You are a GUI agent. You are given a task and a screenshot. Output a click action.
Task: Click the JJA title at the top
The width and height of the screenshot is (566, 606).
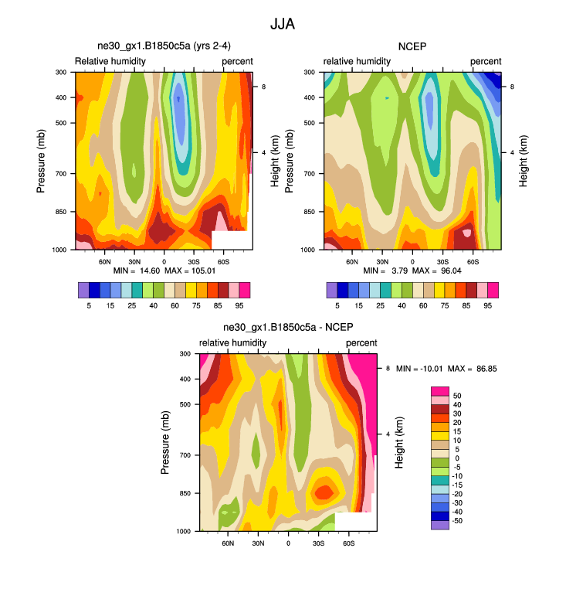pyautogui.click(x=283, y=24)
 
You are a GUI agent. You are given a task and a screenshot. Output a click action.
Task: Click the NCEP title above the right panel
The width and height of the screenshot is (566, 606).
pyautogui.click(x=413, y=46)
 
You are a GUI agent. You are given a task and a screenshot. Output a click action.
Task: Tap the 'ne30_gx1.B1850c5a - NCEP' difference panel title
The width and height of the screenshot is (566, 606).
pyautogui.click(x=288, y=328)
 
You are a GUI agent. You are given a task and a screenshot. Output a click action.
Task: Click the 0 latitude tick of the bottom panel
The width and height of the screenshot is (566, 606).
pyautogui.click(x=288, y=543)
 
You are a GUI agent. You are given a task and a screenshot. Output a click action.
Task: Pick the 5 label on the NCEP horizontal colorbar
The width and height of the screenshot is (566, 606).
pyautogui.click(x=337, y=305)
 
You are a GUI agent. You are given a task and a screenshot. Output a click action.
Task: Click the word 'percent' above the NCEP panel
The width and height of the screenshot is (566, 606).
pyautogui.click(x=486, y=61)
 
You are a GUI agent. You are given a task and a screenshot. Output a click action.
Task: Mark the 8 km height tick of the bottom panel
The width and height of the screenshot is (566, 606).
pyautogui.click(x=388, y=369)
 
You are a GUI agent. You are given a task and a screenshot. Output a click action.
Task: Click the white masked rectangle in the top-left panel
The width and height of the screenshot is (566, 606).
pyautogui.click(x=232, y=240)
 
